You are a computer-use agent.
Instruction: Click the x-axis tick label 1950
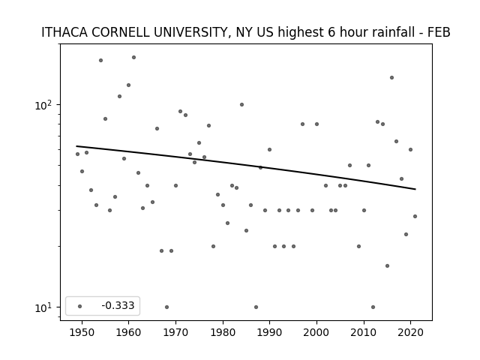(x=82, y=332)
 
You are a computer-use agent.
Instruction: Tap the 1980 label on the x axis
(x=223, y=332)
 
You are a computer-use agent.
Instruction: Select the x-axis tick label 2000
(x=316, y=332)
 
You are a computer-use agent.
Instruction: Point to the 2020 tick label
(x=410, y=332)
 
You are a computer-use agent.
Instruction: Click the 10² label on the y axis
(x=43, y=105)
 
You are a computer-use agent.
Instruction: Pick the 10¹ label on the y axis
(x=43, y=307)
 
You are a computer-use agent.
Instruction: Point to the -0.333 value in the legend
(x=118, y=305)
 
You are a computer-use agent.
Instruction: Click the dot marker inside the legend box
(x=80, y=306)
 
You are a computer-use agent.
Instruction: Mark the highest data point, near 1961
(x=133, y=57)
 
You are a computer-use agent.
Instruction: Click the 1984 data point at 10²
(x=241, y=105)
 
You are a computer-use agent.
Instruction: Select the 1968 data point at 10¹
(x=166, y=307)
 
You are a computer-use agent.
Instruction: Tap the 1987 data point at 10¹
(x=256, y=307)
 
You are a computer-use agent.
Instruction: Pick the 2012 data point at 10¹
(x=373, y=307)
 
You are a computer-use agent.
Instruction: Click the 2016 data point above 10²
(x=391, y=78)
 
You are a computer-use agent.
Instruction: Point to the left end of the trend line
(x=76, y=146)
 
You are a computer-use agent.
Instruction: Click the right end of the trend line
(x=415, y=189)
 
